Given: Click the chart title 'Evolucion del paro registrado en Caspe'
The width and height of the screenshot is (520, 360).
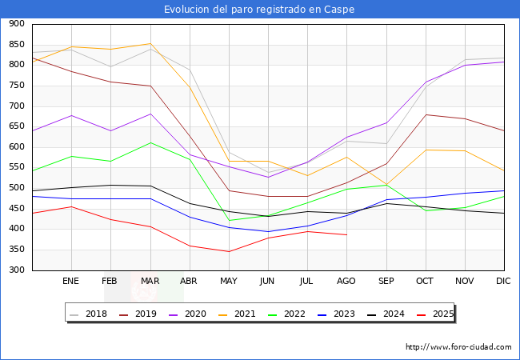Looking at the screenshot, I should (259, 10).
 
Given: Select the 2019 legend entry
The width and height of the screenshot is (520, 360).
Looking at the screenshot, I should (138, 314).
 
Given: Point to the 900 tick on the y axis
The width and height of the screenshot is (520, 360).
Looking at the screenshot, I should (16, 24).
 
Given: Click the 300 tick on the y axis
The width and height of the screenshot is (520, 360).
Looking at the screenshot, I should (16, 270).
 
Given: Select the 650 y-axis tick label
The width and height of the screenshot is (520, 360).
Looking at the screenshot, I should (16, 126).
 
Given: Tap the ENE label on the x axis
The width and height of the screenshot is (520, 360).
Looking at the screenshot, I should (71, 282).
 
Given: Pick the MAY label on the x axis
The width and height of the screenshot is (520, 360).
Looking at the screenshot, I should (229, 282).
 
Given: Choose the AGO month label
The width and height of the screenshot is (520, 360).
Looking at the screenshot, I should (346, 282).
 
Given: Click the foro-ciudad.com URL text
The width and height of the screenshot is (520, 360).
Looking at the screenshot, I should (458, 347).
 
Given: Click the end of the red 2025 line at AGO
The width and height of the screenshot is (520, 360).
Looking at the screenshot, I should (346, 234).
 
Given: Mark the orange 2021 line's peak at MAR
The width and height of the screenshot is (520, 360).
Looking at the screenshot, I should (150, 43).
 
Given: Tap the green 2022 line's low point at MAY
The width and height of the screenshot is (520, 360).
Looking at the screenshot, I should (229, 221).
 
